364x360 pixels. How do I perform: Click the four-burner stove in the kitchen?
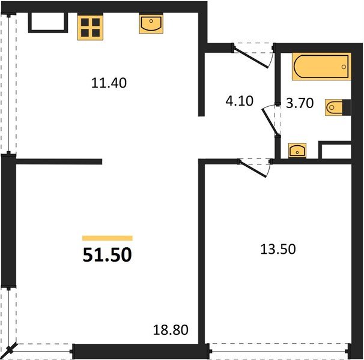(x=90, y=27)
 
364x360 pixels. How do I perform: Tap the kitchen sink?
(x=150, y=25)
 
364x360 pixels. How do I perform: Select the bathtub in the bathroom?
(x=321, y=67)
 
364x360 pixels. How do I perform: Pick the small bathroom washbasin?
(x=296, y=150)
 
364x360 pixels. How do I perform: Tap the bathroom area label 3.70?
(x=299, y=103)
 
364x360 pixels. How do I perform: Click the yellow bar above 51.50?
(x=107, y=238)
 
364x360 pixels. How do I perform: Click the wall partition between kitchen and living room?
(x=59, y=161)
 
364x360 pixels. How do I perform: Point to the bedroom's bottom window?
(x=279, y=350)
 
